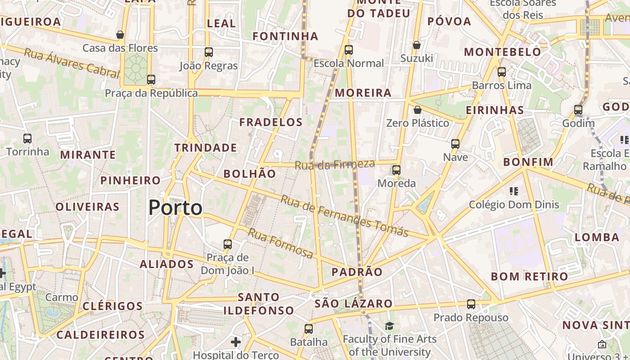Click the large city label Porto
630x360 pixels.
[175, 208]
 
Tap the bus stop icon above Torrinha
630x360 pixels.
[27, 139]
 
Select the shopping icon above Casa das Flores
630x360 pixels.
[120, 35]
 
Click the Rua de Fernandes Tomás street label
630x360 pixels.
[344, 216]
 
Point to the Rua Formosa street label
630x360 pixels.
[281, 243]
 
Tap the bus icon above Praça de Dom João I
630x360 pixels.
[228, 244]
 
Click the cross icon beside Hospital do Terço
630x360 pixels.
[236, 342]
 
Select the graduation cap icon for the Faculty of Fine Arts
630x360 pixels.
[389, 326]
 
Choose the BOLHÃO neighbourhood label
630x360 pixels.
[250, 174]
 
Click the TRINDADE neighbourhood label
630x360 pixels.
[206, 148]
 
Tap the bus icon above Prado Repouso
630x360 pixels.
[471, 304]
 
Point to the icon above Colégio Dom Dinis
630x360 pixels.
[514, 191]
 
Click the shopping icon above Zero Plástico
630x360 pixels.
[418, 110]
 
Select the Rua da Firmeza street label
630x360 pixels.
[335, 165]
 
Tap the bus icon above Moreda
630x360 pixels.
[396, 170]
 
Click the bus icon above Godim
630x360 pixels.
[578, 110]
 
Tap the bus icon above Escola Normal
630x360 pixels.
[349, 50]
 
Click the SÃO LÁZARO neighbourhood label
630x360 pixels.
[354, 303]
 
